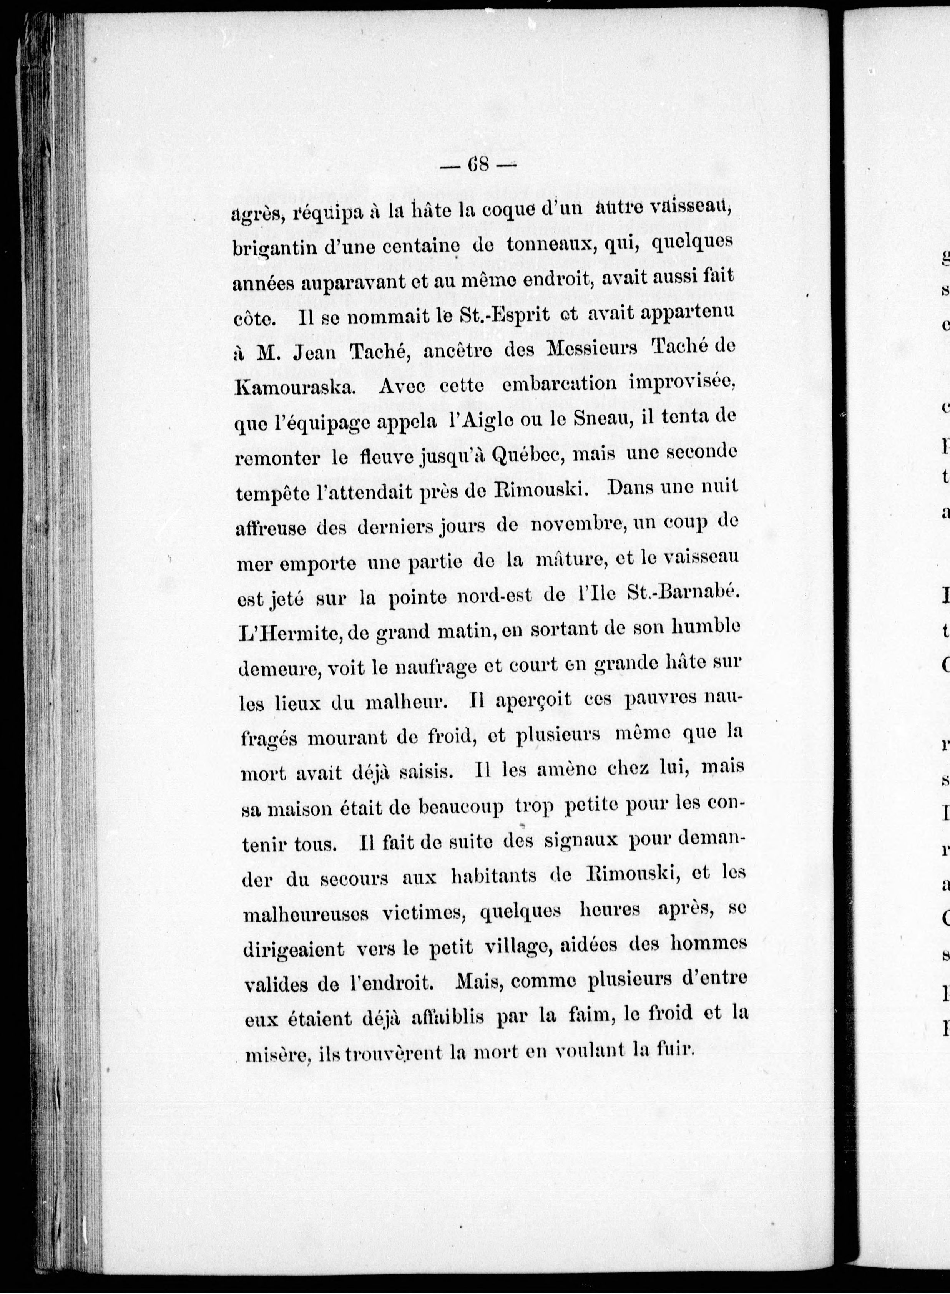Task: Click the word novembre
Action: [x=575, y=525]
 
